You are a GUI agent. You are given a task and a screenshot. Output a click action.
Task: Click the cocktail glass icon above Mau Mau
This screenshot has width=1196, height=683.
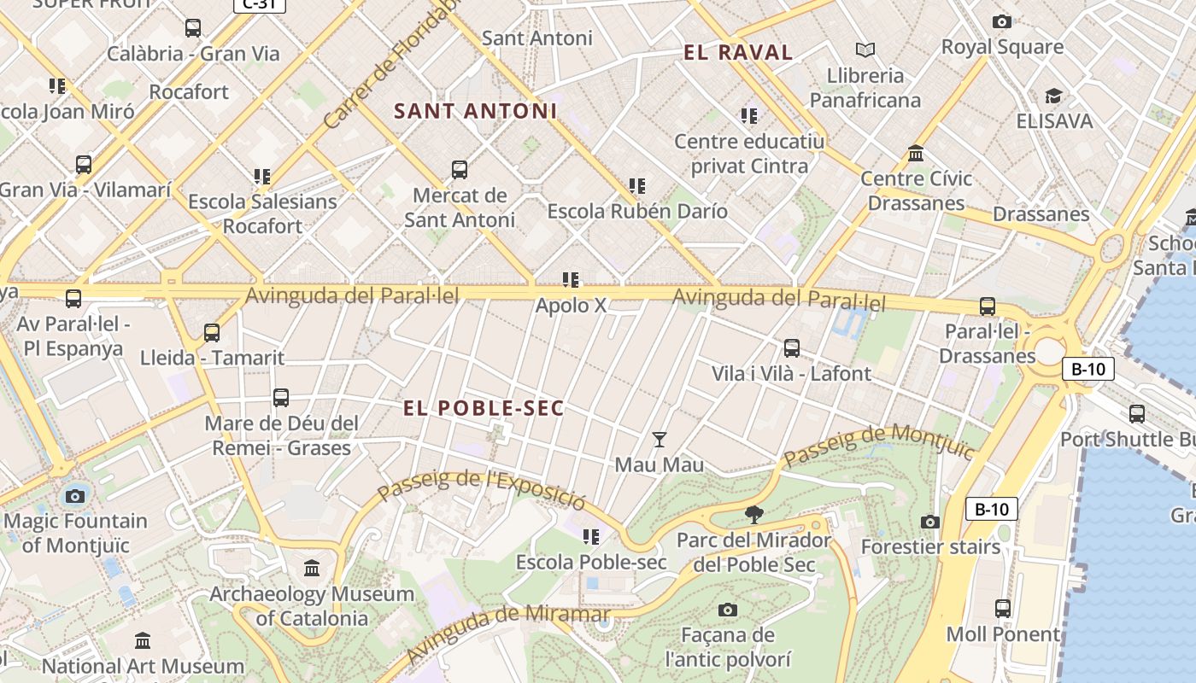[x=659, y=440]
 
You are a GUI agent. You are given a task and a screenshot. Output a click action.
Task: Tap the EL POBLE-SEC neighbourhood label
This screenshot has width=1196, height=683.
[x=484, y=408]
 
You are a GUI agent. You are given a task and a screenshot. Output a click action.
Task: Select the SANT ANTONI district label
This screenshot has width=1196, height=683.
[x=475, y=111]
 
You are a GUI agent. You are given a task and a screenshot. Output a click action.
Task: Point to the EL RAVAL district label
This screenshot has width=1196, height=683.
[x=738, y=53]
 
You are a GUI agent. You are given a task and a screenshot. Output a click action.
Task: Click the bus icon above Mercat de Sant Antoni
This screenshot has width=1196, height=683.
[x=460, y=170]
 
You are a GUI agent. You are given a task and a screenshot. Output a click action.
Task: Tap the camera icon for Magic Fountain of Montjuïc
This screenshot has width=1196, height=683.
[x=75, y=496]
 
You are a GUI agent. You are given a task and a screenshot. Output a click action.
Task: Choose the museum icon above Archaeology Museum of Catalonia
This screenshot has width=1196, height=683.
[x=312, y=568]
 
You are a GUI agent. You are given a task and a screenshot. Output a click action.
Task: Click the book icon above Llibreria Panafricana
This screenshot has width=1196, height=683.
[x=865, y=50]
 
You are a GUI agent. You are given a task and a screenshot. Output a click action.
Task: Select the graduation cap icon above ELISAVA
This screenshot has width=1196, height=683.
[x=1053, y=96]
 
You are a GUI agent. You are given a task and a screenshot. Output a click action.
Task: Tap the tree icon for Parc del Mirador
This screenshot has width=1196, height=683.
[x=753, y=514]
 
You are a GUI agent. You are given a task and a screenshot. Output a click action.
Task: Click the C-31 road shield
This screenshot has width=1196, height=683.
[x=259, y=4]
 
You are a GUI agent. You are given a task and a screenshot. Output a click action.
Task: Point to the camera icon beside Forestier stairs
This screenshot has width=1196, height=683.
[x=930, y=522]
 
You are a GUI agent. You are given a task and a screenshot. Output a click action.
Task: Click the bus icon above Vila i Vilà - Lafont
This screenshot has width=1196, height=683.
[x=792, y=348]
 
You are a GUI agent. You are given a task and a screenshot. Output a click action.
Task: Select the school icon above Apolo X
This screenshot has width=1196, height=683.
[x=571, y=280]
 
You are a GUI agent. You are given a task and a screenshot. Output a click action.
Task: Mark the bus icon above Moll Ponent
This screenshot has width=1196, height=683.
[x=1003, y=609]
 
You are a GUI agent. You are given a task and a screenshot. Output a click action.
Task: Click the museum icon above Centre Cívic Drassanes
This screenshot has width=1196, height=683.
[x=917, y=154]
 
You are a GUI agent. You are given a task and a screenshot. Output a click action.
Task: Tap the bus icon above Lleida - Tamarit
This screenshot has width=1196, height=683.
[x=212, y=333]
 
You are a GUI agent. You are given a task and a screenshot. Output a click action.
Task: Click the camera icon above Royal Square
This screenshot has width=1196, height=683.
[x=1002, y=21]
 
